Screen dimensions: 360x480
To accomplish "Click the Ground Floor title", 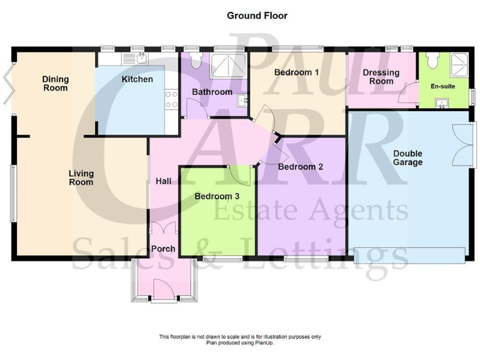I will (257, 16).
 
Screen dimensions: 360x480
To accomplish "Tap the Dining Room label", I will (56, 84).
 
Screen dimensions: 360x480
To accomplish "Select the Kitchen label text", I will (137, 79).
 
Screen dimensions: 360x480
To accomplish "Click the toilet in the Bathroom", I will (195, 61).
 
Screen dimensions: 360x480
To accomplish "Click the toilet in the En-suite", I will (430, 61).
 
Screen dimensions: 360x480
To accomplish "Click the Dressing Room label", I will (381, 77).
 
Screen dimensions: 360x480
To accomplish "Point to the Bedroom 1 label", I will (297, 72).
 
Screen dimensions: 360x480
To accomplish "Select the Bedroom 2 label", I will (301, 167).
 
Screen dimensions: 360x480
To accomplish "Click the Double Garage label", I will (407, 158).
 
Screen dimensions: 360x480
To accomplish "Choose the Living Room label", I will (81, 177).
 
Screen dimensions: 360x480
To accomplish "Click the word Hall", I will (163, 181).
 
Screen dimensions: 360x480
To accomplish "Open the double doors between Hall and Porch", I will (164, 230).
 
